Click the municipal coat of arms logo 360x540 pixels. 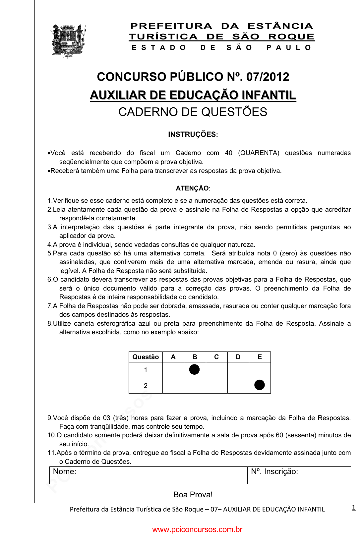click(68, 40)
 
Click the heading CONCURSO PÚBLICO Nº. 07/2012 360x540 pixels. click(193, 77)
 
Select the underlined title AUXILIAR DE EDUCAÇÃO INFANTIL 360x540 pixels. click(193, 95)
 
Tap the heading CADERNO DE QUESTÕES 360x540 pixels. click(193, 112)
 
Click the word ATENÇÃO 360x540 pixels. click(192, 188)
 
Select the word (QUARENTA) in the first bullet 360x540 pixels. click(259, 153)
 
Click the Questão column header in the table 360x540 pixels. click(146, 357)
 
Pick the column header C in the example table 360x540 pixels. click(216, 357)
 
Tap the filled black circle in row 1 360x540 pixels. click(195, 369)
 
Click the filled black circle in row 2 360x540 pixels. click(260, 385)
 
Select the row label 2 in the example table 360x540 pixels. click(146, 386)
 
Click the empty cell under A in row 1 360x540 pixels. click(173, 370)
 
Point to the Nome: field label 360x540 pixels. click(65, 471)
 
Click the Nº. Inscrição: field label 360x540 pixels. click(274, 471)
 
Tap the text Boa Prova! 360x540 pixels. click(193, 495)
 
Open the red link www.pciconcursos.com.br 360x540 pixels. click(197, 529)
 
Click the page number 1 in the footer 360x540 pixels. click(354, 507)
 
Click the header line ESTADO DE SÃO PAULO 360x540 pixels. click(221, 48)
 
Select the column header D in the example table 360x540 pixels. click(238, 357)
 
